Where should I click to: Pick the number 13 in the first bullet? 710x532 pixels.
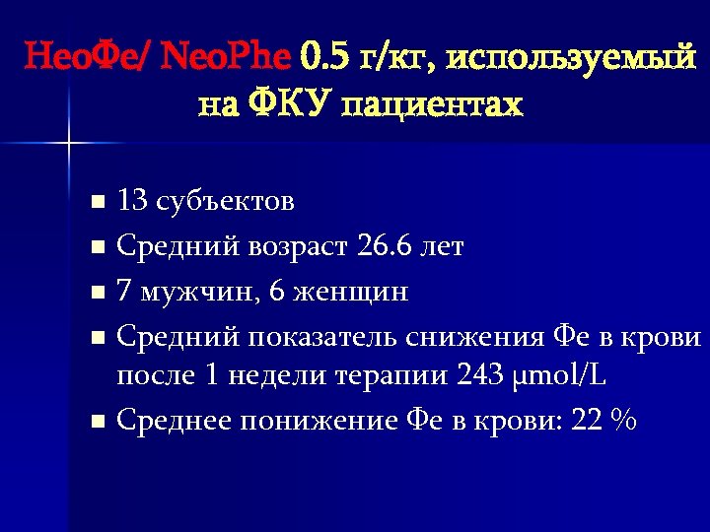click(x=130, y=202)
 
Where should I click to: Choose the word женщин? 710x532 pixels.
click(x=344, y=292)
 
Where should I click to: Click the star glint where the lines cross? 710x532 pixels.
click(x=69, y=146)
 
